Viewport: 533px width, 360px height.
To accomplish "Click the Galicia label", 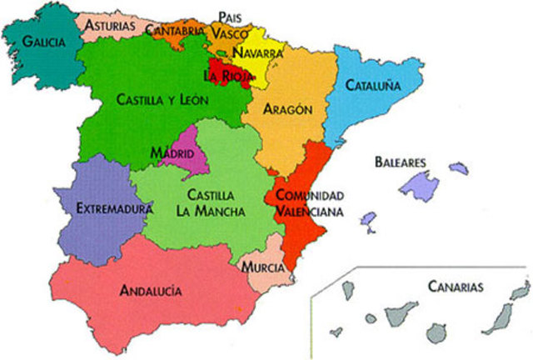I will pyautogui.click(x=43, y=42).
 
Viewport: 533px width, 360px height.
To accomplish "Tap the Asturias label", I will pyautogui.click(x=109, y=26).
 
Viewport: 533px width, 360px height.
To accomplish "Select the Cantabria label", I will pyautogui.click(x=174, y=31).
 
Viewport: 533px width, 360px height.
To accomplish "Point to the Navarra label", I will pyautogui.click(x=257, y=52).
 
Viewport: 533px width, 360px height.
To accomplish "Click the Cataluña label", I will pyautogui.click(x=372, y=85).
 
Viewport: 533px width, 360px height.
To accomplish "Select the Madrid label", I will pyautogui.click(x=172, y=153).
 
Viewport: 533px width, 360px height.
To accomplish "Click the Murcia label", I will pyautogui.click(x=263, y=267).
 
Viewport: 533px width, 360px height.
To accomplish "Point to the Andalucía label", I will pyautogui.click(x=151, y=291).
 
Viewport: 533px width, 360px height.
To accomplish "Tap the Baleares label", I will pyautogui.click(x=401, y=161).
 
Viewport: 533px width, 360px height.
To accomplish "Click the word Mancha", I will pyautogui.click(x=222, y=212).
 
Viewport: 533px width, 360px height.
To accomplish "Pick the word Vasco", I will pyautogui.click(x=229, y=33).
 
